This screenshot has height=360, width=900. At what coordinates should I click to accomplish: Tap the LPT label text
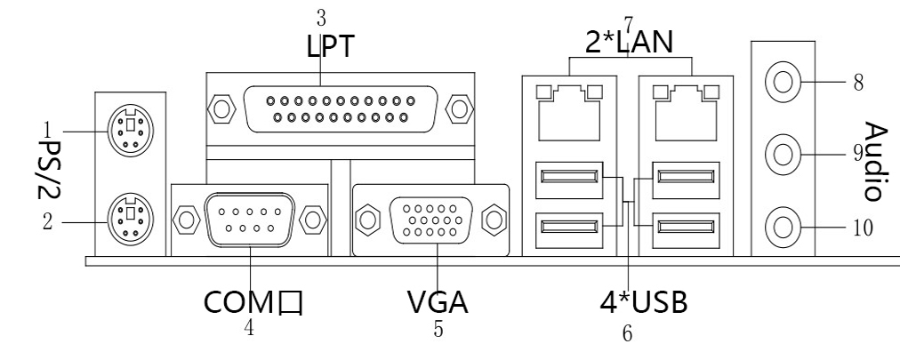click(331, 46)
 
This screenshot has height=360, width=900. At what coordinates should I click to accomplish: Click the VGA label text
click(438, 302)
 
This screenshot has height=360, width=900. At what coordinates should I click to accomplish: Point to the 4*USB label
click(644, 302)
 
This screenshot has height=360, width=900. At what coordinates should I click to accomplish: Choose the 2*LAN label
click(629, 43)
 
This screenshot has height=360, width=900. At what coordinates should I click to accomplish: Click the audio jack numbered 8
click(782, 82)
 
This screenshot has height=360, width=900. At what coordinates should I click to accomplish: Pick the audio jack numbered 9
click(782, 154)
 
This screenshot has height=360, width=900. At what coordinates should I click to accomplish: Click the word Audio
click(876, 161)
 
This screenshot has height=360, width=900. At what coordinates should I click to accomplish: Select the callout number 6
click(627, 333)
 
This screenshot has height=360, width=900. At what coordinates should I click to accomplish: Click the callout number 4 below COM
click(248, 327)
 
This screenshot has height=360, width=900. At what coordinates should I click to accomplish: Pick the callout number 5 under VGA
click(438, 329)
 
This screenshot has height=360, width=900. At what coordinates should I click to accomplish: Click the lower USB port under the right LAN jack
click(686, 230)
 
